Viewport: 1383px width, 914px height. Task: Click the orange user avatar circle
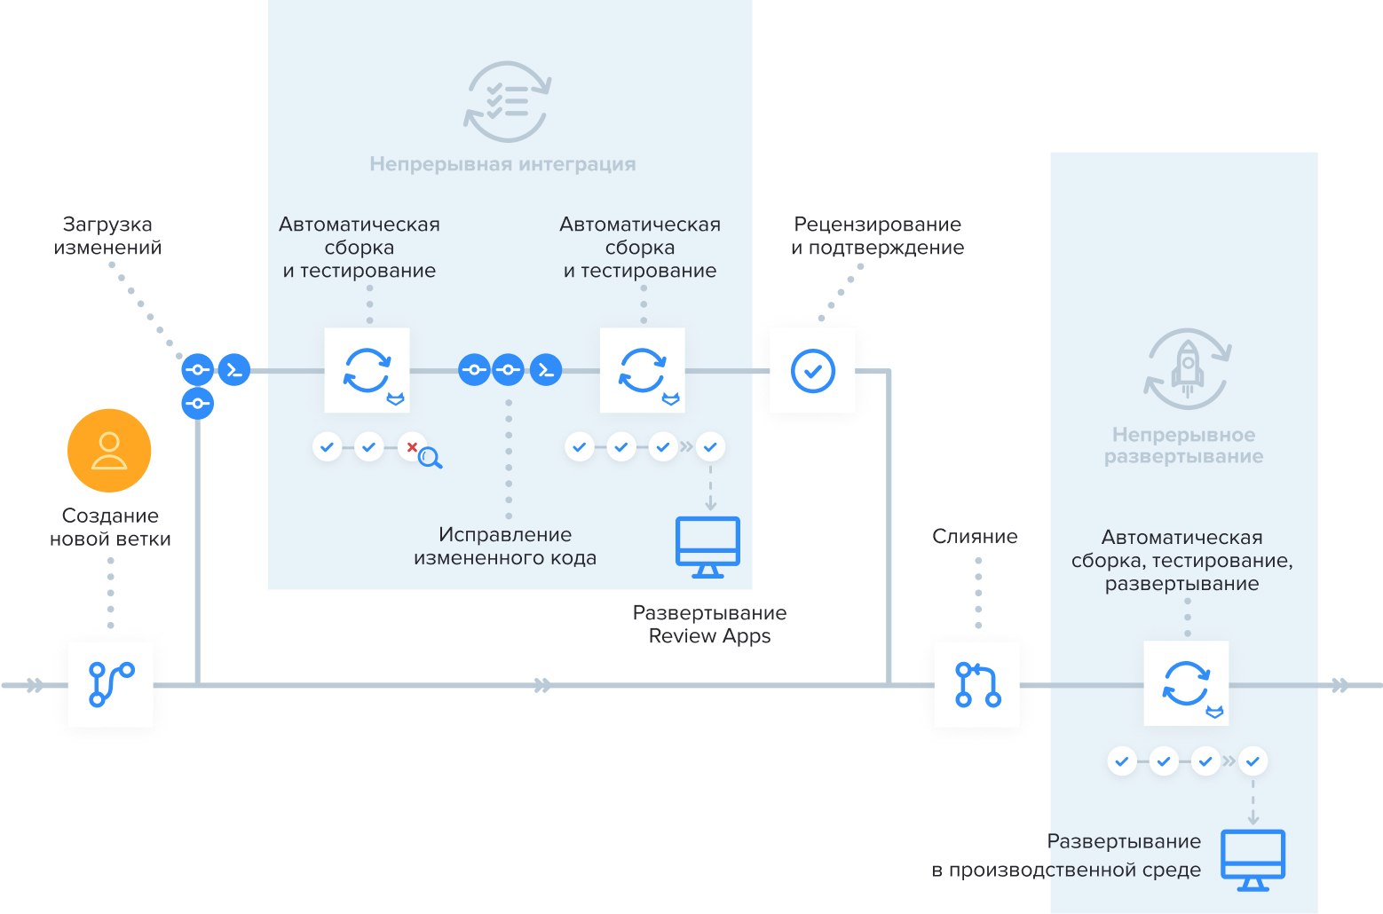pyautogui.click(x=109, y=451)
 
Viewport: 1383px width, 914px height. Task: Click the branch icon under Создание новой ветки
pyautogui.click(x=110, y=684)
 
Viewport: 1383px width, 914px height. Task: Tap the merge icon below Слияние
pyautogui.click(x=977, y=684)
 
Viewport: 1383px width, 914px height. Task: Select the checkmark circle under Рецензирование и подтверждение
pyautogui.click(x=812, y=370)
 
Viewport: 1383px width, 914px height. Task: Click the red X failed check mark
pyautogui.click(x=412, y=446)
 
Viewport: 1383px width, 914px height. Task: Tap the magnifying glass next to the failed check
pyautogui.click(x=431, y=458)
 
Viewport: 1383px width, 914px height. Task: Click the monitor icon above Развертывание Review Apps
pyautogui.click(x=707, y=546)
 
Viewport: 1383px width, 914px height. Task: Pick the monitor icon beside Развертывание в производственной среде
pyautogui.click(x=1253, y=859)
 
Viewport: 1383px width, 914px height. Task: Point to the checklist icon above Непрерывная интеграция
pyautogui.click(x=507, y=101)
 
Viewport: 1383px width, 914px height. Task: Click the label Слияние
pyautogui.click(x=975, y=536)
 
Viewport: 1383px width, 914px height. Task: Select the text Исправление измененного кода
pyautogui.click(x=505, y=546)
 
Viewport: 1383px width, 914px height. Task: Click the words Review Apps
pyautogui.click(x=709, y=636)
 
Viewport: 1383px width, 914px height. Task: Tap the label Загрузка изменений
pyautogui.click(x=107, y=236)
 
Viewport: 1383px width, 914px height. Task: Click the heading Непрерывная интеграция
pyautogui.click(x=502, y=164)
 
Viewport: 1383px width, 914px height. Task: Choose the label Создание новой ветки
pyautogui.click(x=110, y=527)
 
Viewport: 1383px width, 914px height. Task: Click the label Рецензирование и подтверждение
pyautogui.click(x=877, y=236)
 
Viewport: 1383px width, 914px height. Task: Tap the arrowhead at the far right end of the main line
pyautogui.click(x=1340, y=685)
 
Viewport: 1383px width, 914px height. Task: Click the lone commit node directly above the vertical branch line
pyautogui.click(x=197, y=404)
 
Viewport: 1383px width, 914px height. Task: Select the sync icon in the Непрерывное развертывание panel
pyautogui.click(x=1186, y=683)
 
